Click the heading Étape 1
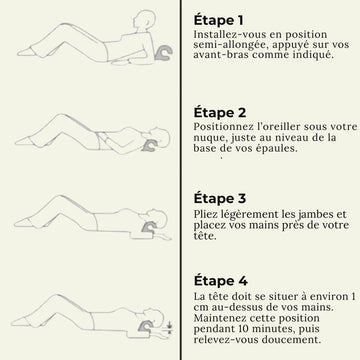click(x=218, y=20)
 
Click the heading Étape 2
click(x=220, y=112)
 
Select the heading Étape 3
click(x=220, y=198)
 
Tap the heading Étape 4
click(x=220, y=280)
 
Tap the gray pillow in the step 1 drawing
click(x=164, y=54)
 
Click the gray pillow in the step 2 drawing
click(x=149, y=145)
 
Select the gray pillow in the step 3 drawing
click(x=149, y=227)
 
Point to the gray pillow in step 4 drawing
click(x=146, y=326)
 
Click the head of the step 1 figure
click(x=144, y=21)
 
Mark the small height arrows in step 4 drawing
click(x=170, y=327)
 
